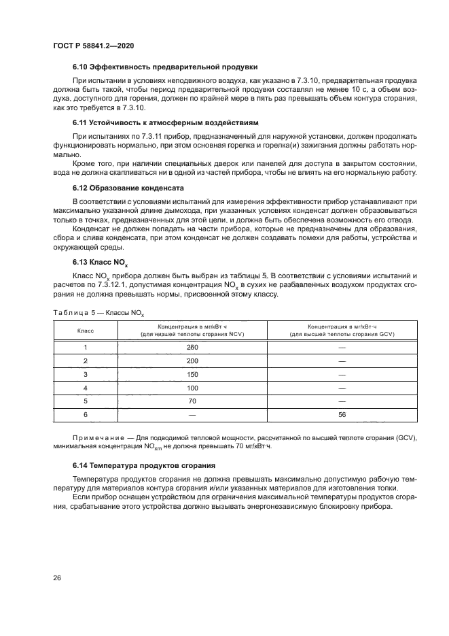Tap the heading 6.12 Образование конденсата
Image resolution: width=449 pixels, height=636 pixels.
click(129, 187)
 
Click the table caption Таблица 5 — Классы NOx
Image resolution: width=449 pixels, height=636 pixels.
click(99, 312)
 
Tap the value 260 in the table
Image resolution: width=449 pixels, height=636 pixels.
click(192, 347)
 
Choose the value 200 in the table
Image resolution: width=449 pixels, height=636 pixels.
click(192, 361)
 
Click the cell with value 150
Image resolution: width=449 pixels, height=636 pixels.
click(192, 374)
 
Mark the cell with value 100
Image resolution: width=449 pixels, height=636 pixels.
click(192, 388)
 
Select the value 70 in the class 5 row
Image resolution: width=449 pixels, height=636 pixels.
click(192, 401)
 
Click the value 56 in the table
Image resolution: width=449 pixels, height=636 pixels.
click(342, 414)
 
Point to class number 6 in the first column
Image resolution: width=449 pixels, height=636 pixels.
click(86, 414)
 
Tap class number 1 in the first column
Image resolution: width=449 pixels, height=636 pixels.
click(86, 347)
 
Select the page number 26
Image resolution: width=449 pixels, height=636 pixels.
click(58, 578)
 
